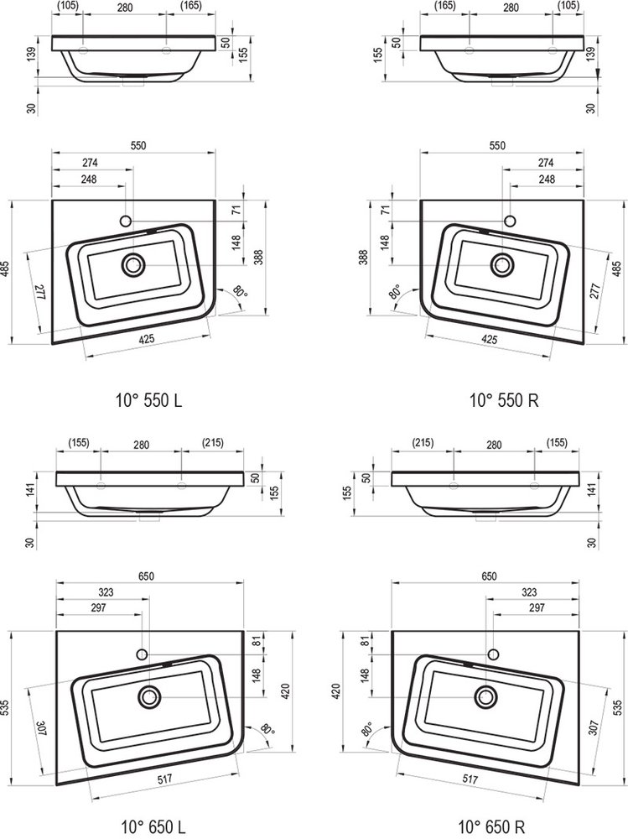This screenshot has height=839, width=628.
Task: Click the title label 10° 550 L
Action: [x=148, y=399]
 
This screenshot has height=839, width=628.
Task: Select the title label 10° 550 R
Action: [x=504, y=399]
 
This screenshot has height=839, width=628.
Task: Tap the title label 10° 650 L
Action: [x=153, y=826]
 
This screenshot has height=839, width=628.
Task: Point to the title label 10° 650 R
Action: [x=491, y=826]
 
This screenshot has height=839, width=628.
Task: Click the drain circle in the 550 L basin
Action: [x=132, y=265]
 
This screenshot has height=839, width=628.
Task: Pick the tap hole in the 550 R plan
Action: [x=510, y=221]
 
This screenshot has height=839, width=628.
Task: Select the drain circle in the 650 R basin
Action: [x=486, y=696]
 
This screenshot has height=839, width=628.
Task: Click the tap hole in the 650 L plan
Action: [x=142, y=654]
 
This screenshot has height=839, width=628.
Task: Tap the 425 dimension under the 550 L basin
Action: [x=146, y=339]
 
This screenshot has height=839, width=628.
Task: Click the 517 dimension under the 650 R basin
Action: [x=470, y=779]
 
